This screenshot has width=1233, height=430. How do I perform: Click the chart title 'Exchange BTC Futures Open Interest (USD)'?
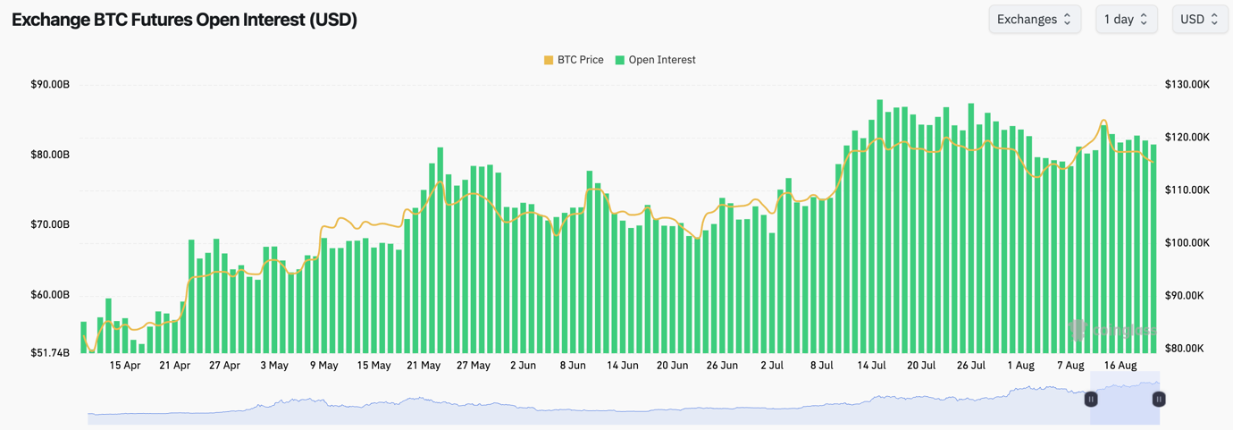(x=184, y=20)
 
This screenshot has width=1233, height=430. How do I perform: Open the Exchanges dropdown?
(x=1034, y=19)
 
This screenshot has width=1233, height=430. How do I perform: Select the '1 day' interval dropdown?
(x=1126, y=19)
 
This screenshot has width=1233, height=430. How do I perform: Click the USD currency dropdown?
(x=1198, y=19)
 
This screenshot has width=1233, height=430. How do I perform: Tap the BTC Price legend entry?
(x=574, y=60)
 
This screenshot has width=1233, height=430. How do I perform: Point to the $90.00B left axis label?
(x=50, y=85)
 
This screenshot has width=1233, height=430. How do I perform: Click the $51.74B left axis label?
(x=50, y=353)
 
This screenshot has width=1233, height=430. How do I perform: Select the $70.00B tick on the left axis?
(x=50, y=224)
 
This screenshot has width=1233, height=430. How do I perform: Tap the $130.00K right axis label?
(x=1187, y=85)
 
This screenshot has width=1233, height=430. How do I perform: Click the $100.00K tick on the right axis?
(x=1187, y=243)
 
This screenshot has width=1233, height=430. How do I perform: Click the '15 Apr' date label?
(x=125, y=366)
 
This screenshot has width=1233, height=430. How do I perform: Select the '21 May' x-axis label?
(x=424, y=366)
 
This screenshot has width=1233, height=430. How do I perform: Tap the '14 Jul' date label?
(x=871, y=366)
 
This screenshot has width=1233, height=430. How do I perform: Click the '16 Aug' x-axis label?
(x=1120, y=366)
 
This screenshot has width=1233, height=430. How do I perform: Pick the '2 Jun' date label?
(x=523, y=366)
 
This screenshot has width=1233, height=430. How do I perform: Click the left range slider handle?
(x=1091, y=400)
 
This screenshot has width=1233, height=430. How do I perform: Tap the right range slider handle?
(x=1159, y=400)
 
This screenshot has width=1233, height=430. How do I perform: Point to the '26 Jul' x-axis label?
(x=971, y=366)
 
